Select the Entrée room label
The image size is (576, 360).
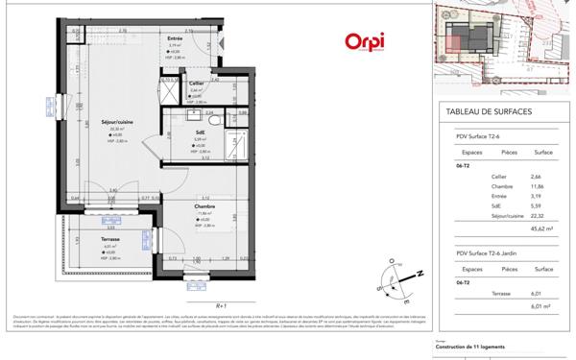tap(174, 36)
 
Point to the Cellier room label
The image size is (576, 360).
tap(196, 84)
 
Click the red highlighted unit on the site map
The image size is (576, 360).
tap(460, 36)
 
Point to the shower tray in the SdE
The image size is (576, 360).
tap(170, 93)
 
